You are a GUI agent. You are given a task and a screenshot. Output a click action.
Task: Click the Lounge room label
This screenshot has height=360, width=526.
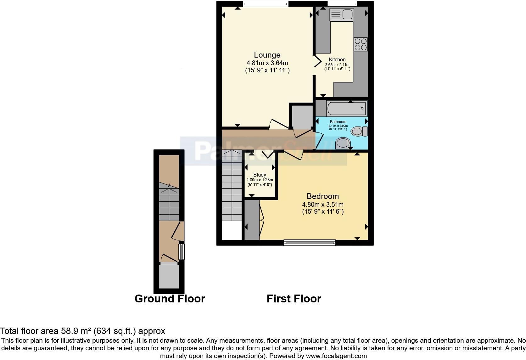(267, 55)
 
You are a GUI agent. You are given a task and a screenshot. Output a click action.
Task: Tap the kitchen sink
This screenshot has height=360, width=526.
(341, 14)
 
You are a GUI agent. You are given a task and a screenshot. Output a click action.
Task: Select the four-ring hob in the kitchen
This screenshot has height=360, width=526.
(361, 44)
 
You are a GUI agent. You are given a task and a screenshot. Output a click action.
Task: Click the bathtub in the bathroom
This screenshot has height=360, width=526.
(347, 108)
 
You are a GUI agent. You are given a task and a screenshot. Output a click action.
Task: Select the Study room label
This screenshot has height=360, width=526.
(260, 175)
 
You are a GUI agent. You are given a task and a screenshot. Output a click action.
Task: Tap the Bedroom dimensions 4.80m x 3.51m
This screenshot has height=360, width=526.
(322, 204)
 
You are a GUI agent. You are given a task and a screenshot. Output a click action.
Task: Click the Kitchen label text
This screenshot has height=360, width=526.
(337, 59)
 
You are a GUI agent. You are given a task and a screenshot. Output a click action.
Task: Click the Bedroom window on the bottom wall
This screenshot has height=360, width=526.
(310, 242)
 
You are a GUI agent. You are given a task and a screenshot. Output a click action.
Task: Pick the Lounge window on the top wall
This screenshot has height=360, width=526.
(266, 4)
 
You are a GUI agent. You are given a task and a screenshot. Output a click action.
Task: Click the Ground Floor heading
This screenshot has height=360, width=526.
(170, 298)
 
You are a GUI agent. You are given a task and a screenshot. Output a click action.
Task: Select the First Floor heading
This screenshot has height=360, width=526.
(294, 298)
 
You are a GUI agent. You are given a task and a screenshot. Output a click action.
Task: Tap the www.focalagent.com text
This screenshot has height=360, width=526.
(336, 356)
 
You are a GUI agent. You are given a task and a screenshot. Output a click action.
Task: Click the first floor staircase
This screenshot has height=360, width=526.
(232, 186)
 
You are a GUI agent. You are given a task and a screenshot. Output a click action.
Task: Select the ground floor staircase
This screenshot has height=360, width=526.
(169, 203)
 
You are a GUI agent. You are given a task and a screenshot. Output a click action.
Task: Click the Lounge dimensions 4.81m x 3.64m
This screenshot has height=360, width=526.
(267, 63)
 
